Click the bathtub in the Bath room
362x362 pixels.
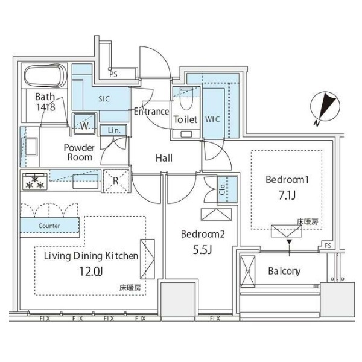click(45, 75)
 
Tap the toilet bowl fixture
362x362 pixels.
click(186, 99)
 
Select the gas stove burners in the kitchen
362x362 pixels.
click(34, 182)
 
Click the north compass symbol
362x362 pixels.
click(325, 107)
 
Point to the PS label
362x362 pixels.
click(113, 74)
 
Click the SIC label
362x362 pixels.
click(104, 99)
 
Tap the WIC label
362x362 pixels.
click(212, 119)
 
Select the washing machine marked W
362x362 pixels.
click(84, 124)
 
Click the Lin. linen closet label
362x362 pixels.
click(114, 130)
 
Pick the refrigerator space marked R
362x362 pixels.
click(116, 181)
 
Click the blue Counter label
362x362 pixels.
click(49, 226)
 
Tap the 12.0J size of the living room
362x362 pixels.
click(91, 271)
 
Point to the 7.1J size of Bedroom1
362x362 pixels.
click(287, 195)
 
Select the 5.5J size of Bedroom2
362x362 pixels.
click(202, 250)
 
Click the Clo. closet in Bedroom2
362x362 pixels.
click(227, 189)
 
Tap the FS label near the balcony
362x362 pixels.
click(328, 246)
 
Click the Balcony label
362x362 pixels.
click(284, 271)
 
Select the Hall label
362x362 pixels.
click(164, 158)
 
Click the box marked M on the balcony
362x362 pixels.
click(247, 271)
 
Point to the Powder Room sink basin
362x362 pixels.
click(30, 147)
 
